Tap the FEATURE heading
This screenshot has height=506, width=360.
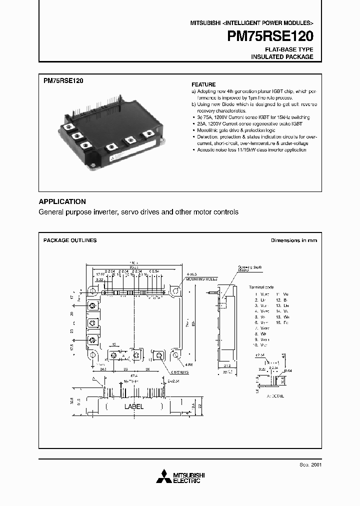tap(203, 84)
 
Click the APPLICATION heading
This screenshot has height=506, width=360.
tap(62, 201)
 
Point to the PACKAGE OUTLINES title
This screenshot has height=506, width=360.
tap(70, 240)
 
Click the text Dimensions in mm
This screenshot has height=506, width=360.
tap(294, 240)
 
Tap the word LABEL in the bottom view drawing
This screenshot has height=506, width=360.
tap(133, 406)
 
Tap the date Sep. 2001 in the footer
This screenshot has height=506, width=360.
tap(311, 464)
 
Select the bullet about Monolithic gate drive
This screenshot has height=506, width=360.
tap(231, 130)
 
